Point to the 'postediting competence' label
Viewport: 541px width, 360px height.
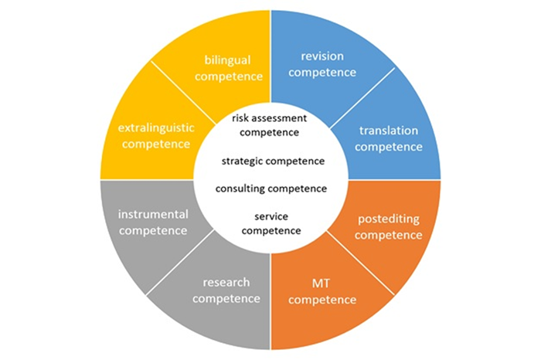click(x=389, y=226)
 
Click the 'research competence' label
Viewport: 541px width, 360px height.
click(x=226, y=290)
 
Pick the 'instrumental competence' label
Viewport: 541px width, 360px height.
click(x=151, y=221)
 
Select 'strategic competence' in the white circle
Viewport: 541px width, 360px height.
click(x=272, y=161)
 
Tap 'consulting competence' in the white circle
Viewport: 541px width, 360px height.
click(x=271, y=188)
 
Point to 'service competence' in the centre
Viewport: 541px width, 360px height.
click(x=271, y=223)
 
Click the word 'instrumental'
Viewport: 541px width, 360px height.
click(x=151, y=213)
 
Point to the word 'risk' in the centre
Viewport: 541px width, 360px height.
click(x=241, y=118)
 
